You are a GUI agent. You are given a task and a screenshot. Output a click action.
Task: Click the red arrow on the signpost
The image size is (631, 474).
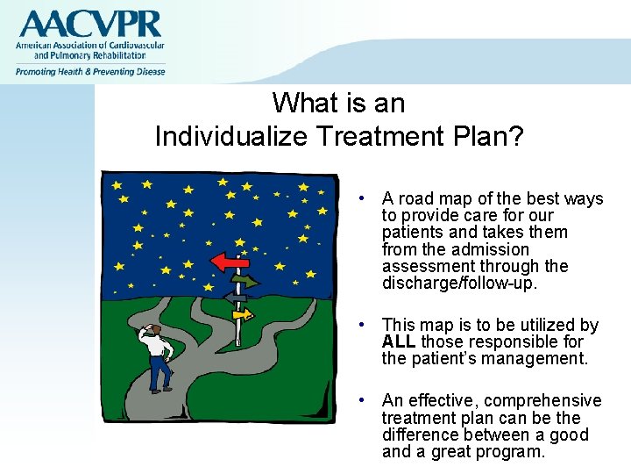[230, 261]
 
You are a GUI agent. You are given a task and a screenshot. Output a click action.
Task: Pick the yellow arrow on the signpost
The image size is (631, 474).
[241, 313]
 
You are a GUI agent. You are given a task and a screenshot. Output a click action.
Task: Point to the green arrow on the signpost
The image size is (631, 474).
[246, 282]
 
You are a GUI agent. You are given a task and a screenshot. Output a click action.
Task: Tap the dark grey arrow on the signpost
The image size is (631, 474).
[235, 298]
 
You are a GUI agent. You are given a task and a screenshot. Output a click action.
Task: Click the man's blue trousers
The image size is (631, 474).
[160, 373]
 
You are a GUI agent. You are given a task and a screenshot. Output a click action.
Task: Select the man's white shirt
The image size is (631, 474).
[158, 346]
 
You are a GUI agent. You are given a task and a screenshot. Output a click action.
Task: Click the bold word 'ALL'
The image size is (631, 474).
[400, 342]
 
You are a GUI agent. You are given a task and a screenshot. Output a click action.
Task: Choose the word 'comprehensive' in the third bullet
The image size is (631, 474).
[552, 401]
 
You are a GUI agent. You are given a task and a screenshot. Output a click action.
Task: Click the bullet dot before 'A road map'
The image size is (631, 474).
[361, 199]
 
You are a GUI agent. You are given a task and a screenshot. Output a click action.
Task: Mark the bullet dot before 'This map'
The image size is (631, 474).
[361, 326]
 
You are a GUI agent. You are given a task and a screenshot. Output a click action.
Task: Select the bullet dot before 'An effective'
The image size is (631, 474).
[361, 401]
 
